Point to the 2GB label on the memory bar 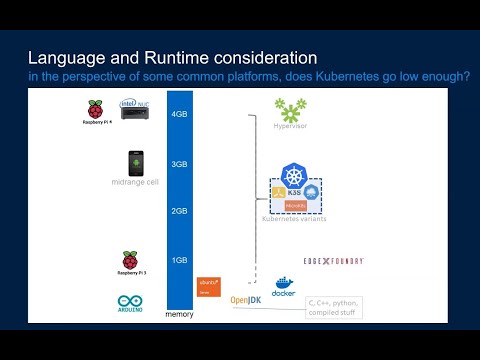(x=180, y=211)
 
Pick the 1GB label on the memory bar (x=180, y=260)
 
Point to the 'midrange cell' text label (x=136, y=183)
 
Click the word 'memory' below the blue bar (x=180, y=314)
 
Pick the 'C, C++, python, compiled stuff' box (x=334, y=306)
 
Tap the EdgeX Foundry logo (x=333, y=261)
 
